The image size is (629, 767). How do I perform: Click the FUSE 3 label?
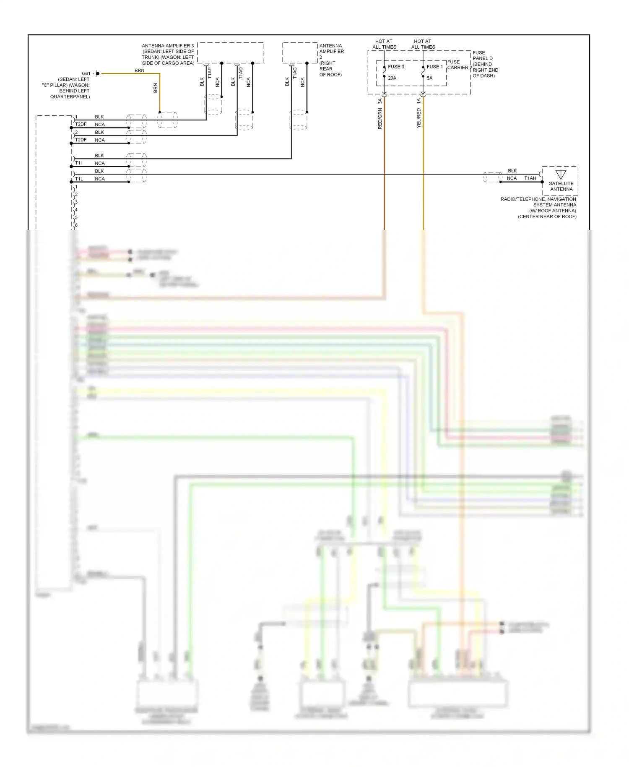(396, 67)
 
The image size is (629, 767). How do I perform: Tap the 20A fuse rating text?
(392, 78)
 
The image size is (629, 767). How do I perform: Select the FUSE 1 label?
(434, 67)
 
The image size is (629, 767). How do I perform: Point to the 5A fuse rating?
(429, 78)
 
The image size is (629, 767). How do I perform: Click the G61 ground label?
(86, 73)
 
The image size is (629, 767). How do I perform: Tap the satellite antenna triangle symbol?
(561, 174)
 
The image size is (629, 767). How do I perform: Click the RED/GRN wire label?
(380, 119)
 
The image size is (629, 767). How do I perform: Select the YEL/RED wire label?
(418, 118)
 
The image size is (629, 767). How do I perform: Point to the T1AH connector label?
(530, 178)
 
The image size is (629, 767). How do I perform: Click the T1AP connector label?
(210, 73)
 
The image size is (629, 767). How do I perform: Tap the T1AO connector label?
(241, 73)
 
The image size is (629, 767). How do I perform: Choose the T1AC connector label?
(295, 73)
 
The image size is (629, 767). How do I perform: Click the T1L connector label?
(79, 179)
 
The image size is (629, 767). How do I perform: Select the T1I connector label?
(78, 163)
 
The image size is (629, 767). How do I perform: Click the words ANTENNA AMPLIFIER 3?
(168, 46)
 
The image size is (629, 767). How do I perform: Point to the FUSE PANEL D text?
(482, 55)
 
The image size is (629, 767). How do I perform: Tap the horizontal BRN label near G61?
(139, 70)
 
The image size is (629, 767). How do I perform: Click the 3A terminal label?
(380, 101)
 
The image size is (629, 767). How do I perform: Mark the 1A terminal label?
(418, 101)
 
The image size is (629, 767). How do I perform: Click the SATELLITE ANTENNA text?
(561, 186)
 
